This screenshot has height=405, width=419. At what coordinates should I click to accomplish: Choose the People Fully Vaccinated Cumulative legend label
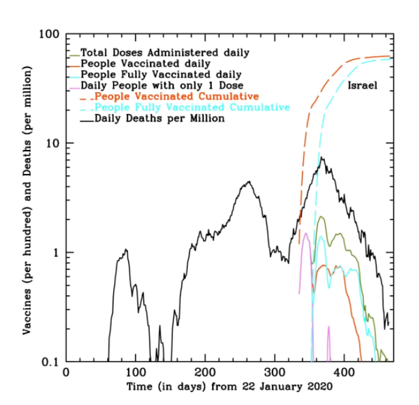pyautogui.click(x=192, y=108)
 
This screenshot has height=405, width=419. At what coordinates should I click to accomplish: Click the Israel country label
pyautogui.click(x=362, y=86)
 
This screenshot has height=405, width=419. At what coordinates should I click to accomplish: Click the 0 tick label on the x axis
pyautogui.click(x=66, y=373)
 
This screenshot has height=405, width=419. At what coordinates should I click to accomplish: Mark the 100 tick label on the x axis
pyautogui.click(x=136, y=373)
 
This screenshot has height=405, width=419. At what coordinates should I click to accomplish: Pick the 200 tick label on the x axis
pyautogui.click(x=205, y=373)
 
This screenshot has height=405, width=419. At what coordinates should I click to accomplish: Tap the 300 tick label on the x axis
pyautogui.click(x=275, y=373)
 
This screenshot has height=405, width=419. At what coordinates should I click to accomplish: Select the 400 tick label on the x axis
pyautogui.click(x=344, y=373)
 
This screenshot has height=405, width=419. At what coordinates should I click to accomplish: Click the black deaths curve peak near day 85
pyautogui.click(x=126, y=250)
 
